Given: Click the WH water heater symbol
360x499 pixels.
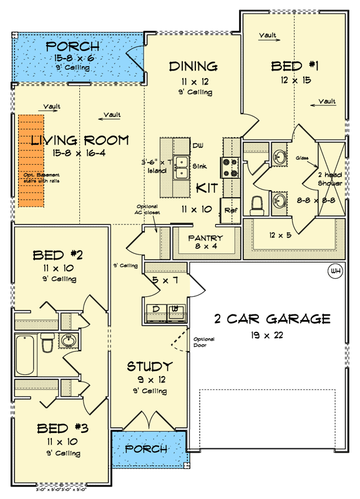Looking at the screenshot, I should (334, 271).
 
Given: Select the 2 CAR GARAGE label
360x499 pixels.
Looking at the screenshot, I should (272, 319).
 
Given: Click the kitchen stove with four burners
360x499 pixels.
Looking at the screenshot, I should (228, 167).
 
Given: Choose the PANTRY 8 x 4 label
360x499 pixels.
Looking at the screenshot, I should (205, 238).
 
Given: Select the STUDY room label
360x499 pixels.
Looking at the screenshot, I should (149, 366).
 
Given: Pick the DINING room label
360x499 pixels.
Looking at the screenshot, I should (193, 66).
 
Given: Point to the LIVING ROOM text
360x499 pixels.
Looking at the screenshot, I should (80, 140).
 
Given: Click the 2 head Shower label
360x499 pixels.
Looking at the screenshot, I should (328, 179).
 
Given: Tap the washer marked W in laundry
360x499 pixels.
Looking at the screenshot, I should (177, 309).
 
